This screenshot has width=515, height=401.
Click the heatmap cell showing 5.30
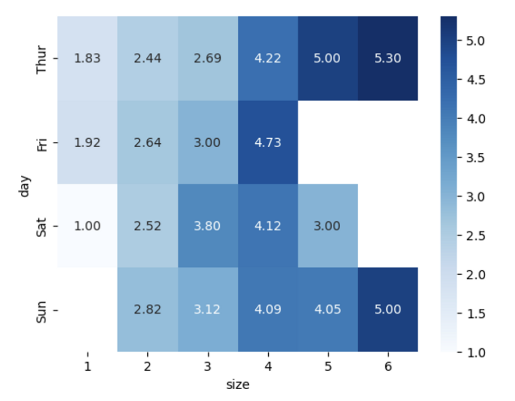click(x=387, y=58)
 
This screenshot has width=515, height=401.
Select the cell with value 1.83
click(x=87, y=58)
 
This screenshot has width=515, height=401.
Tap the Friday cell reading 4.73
click(x=268, y=143)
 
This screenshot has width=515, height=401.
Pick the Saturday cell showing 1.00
click(x=87, y=226)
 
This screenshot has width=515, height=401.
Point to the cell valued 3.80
click(x=207, y=226)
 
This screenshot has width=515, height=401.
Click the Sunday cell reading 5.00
click(x=387, y=310)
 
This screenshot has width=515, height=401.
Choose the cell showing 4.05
click(x=327, y=310)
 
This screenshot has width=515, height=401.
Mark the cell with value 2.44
click(x=147, y=58)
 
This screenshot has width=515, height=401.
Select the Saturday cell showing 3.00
click(x=327, y=226)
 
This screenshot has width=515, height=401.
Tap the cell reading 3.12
click(x=207, y=310)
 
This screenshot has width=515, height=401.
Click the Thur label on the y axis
click(x=41, y=58)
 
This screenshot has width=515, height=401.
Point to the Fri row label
click(x=41, y=143)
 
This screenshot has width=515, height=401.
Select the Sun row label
click(x=41, y=310)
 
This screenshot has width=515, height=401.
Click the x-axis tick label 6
click(x=387, y=367)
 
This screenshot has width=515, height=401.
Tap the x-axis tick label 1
click(x=87, y=367)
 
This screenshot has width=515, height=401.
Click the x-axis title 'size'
click(x=237, y=385)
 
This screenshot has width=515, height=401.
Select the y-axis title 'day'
click(x=24, y=185)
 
